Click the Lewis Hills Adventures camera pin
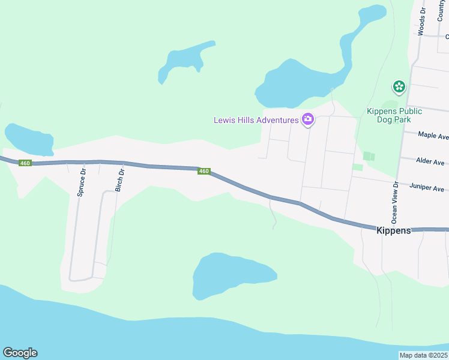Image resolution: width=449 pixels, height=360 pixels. [x=308, y=119]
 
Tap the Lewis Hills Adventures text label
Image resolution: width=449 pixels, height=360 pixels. [x=256, y=120]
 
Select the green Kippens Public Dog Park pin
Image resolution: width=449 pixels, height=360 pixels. [x=399, y=88]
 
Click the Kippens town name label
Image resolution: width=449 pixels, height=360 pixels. [x=393, y=230]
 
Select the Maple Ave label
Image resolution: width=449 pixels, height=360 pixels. [x=433, y=136]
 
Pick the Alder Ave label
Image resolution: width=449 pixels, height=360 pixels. [x=430, y=162]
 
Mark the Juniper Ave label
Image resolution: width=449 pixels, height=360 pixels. [x=426, y=188]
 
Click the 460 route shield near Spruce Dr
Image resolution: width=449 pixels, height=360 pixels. [x=25, y=163]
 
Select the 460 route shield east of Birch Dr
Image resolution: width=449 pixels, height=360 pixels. [x=204, y=172]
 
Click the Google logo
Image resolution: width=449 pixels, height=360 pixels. [x=20, y=353]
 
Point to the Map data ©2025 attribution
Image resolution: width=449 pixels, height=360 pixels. [x=424, y=355]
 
